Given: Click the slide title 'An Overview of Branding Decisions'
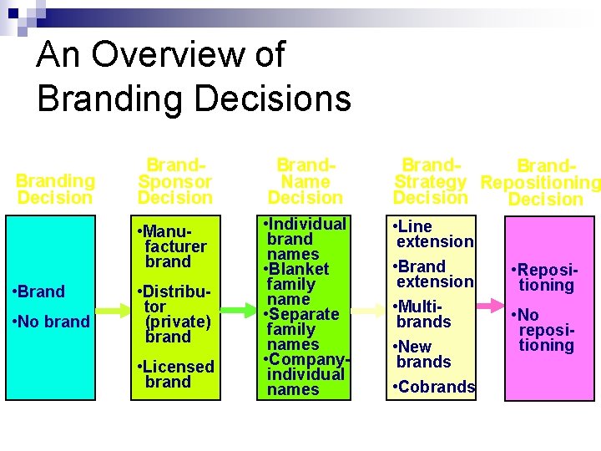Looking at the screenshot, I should click(194, 77).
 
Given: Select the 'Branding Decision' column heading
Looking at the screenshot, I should click(55, 189).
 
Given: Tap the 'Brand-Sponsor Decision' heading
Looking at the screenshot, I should click(175, 181).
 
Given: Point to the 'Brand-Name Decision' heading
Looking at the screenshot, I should click(305, 181).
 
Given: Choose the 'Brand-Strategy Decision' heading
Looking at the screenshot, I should click(431, 181).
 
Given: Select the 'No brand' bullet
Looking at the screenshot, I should click(53, 322).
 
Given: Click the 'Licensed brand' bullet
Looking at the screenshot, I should click(177, 374).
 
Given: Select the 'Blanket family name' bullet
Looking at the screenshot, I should click(299, 284).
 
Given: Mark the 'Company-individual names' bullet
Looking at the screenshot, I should click(306, 374).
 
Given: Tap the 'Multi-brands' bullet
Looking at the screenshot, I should click(423, 314).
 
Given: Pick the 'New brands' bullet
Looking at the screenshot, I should click(423, 354).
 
